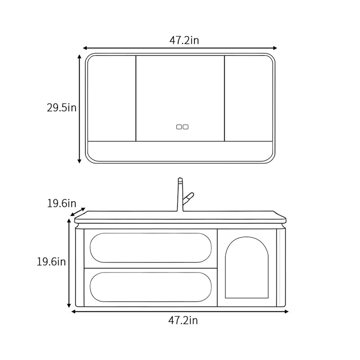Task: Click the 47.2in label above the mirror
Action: pos(184,40)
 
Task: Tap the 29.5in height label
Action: pos(62,108)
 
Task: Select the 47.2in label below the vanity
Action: pos(183,320)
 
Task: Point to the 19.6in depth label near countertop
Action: pos(62,203)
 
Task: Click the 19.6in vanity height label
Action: pos(51,262)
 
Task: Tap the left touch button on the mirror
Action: pos(179,127)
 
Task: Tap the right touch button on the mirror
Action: pos(185,127)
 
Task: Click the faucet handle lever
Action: pos(189,198)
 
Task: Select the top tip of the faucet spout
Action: pos(180,178)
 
